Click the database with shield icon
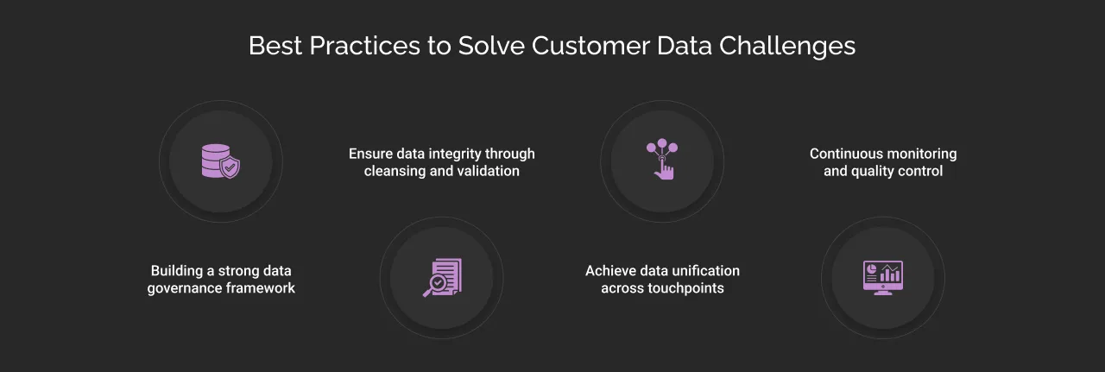click(220, 161)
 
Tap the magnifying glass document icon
click(441, 278)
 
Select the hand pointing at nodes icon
click(662, 160)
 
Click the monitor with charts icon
click(882, 278)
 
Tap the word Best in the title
click(275, 46)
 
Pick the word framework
click(260, 288)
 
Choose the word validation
click(488, 171)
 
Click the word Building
click(179, 271)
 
